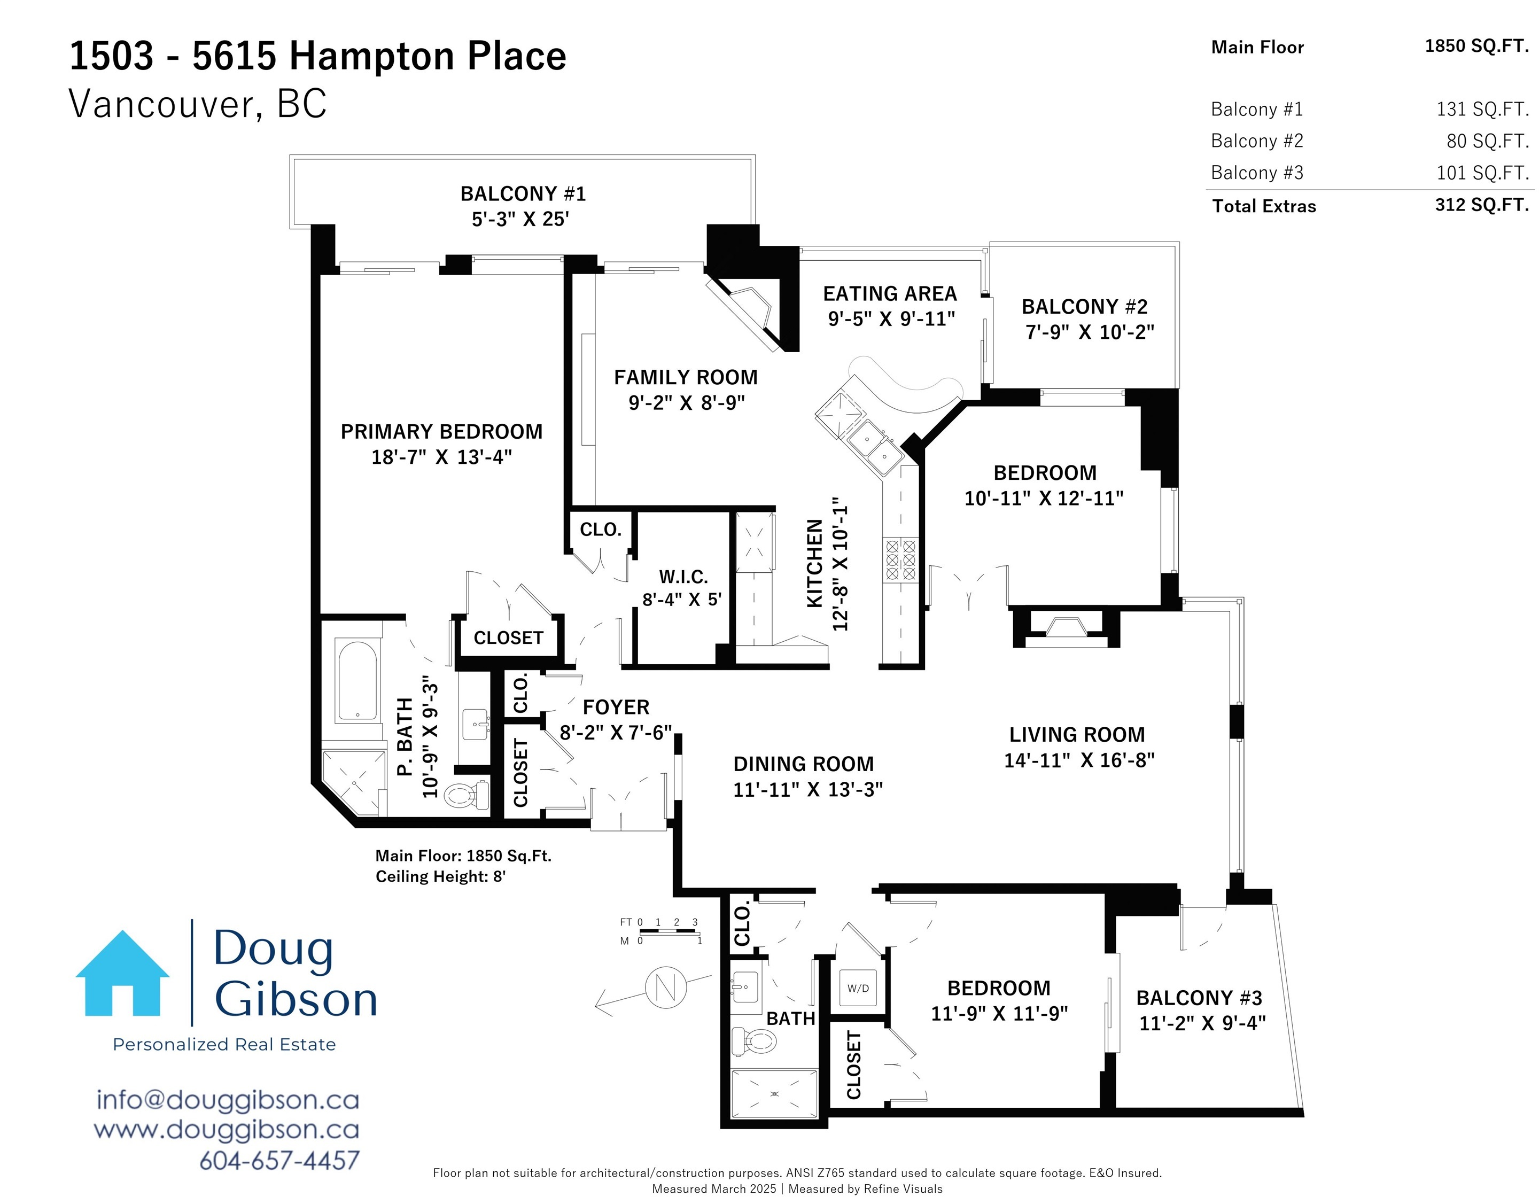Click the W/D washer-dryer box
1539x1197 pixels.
pos(858,988)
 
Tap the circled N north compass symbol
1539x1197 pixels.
pos(666,987)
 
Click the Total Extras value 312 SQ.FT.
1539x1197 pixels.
pos(1482,205)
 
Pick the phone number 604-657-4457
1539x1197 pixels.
pos(280,1160)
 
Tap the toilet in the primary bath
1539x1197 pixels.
pos(467,795)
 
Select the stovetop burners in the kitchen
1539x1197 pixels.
pos(900,559)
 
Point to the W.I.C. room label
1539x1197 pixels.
pos(683,577)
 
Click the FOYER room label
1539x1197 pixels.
pos(616,706)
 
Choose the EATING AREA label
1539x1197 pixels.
pos(890,293)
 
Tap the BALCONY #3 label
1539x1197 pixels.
pos(1199,998)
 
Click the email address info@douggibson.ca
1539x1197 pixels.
pos(228,1100)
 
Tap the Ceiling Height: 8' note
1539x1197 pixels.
pos(440,876)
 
